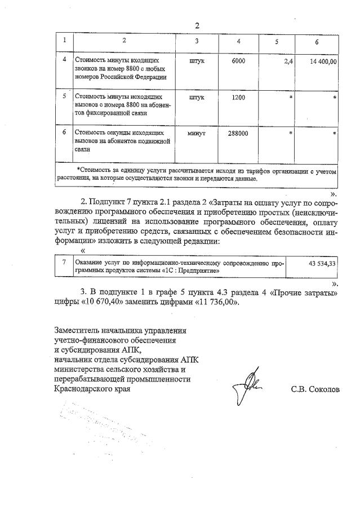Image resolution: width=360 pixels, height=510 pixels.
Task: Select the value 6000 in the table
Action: point(238,60)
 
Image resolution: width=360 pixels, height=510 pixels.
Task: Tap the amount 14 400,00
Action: point(323,60)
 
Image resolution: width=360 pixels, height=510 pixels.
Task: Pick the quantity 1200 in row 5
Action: point(238,97)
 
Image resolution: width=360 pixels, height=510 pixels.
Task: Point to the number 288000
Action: point(238,133)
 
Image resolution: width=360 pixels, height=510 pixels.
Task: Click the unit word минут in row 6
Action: point(197,133)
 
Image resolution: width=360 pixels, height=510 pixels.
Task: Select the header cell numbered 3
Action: point(197,41)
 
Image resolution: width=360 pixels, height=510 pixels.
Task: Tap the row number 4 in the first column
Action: point(64,59)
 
